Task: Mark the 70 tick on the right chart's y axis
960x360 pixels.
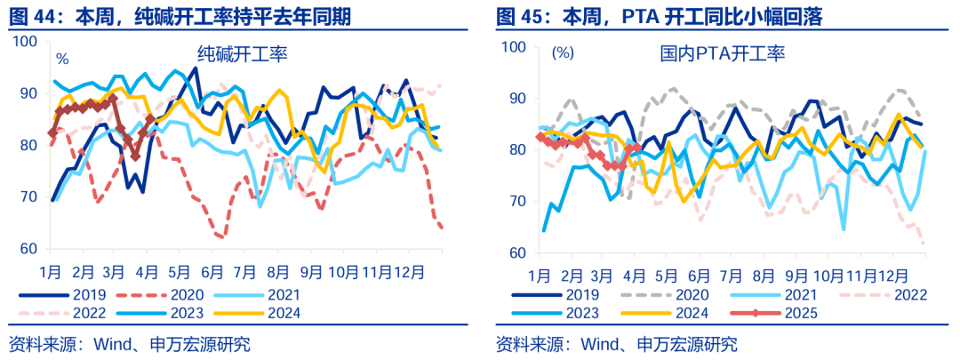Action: click(517, 202)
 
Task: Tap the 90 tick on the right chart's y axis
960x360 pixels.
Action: click(517, 97)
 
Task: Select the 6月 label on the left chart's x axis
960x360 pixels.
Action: click(212, 268)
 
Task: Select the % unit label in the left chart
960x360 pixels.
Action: click(62, 60)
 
